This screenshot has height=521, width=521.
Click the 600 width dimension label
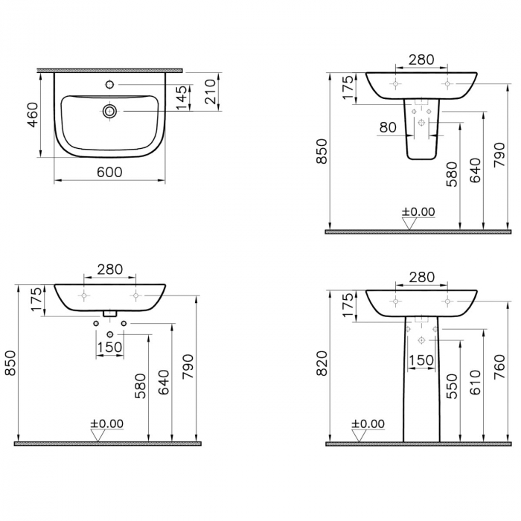[x=109, y=172]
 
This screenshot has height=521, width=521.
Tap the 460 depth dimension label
[x=33, y=115]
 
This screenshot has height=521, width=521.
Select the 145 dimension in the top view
[x=182, y=98]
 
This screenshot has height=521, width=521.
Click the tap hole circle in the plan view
[x=109, y=85]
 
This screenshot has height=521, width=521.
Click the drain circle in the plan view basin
[x=109, y=111]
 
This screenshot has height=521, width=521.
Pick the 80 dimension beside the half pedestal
[x=388, y=127]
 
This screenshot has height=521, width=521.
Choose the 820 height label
[x=322, y=363]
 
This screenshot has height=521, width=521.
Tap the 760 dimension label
[x=499, y=366]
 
